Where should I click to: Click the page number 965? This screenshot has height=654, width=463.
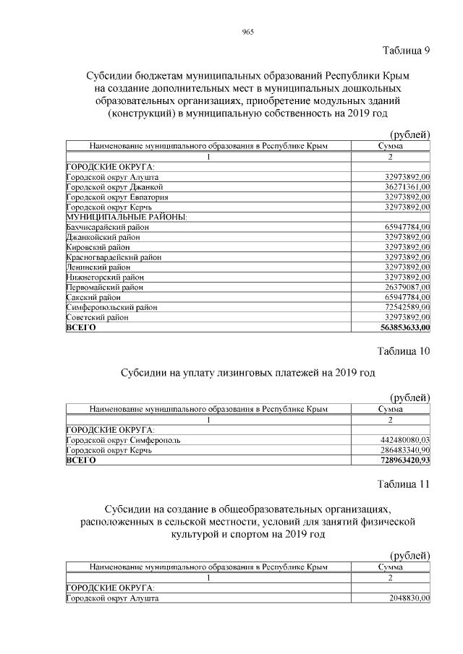coord(247,33)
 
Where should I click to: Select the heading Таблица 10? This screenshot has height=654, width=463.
coord(403,352)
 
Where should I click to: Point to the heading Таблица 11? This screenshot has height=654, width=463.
coord(403,484)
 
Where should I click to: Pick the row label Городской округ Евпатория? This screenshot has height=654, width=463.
coord(117,197)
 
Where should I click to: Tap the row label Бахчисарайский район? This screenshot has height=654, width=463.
coord(106,227)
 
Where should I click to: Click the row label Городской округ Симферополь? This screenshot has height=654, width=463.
coord(123,439)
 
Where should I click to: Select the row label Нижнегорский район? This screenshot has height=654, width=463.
coord(105,277)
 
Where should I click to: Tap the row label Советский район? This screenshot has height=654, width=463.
coord(98,317)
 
